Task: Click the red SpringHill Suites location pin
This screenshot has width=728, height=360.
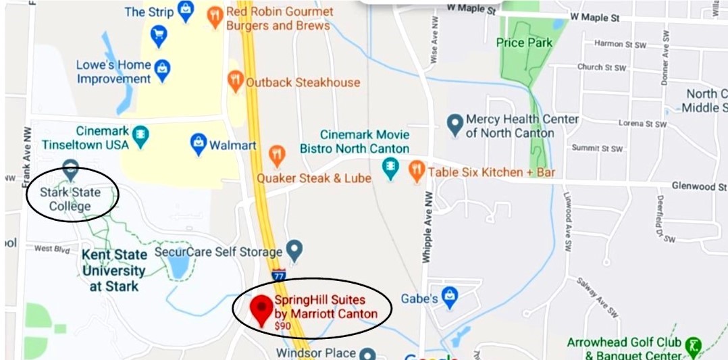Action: pyautogui.click(x=261, y=308)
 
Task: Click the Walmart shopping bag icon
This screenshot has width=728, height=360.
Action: pyautogui.click(x=198, y=143)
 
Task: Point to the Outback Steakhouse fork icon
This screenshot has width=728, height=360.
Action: pyautogui.click(x=235, y=80)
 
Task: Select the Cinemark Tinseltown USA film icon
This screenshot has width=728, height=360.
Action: pyautogui.click(x=140, y=134)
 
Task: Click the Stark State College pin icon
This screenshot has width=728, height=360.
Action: pyautogui.click(x=70, y=168)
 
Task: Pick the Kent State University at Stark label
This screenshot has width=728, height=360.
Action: pyautogui.click(x=113, y=271)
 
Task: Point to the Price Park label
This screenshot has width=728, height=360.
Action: pyautogui.click(x=524, y=43)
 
